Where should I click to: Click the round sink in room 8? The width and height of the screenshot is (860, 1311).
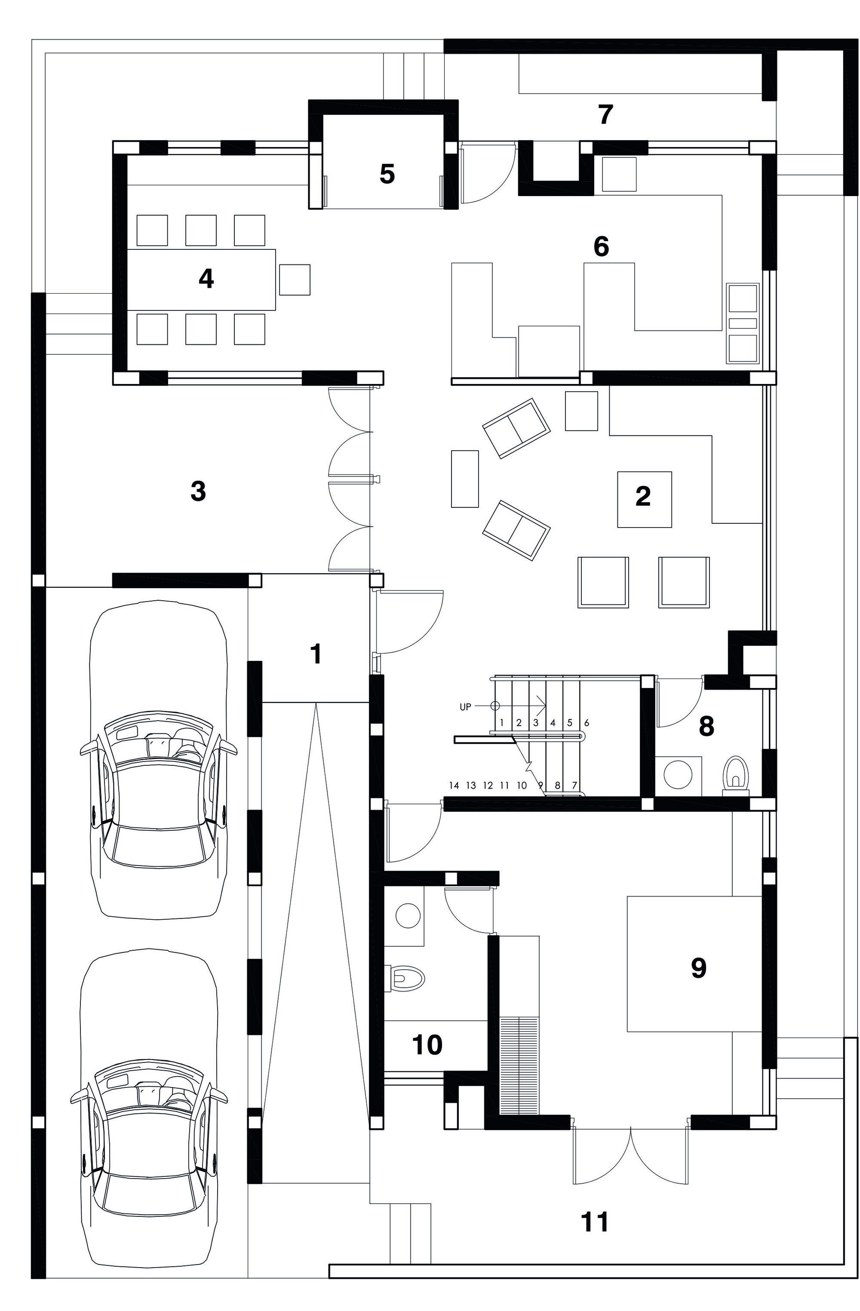coord(678,774)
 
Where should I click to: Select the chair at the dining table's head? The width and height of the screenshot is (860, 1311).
coord(294,279)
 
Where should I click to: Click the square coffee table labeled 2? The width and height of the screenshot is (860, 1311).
coord(643,498)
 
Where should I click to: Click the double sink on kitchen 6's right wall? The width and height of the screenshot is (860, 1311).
coord(742,324)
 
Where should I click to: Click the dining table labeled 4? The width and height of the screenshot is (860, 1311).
coord(201,279)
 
